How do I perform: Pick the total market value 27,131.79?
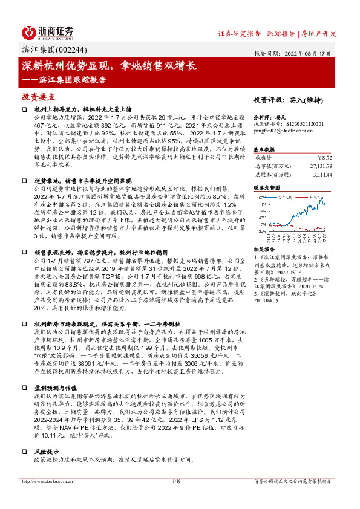(320, 164)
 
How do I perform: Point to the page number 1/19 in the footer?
(177, 481)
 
